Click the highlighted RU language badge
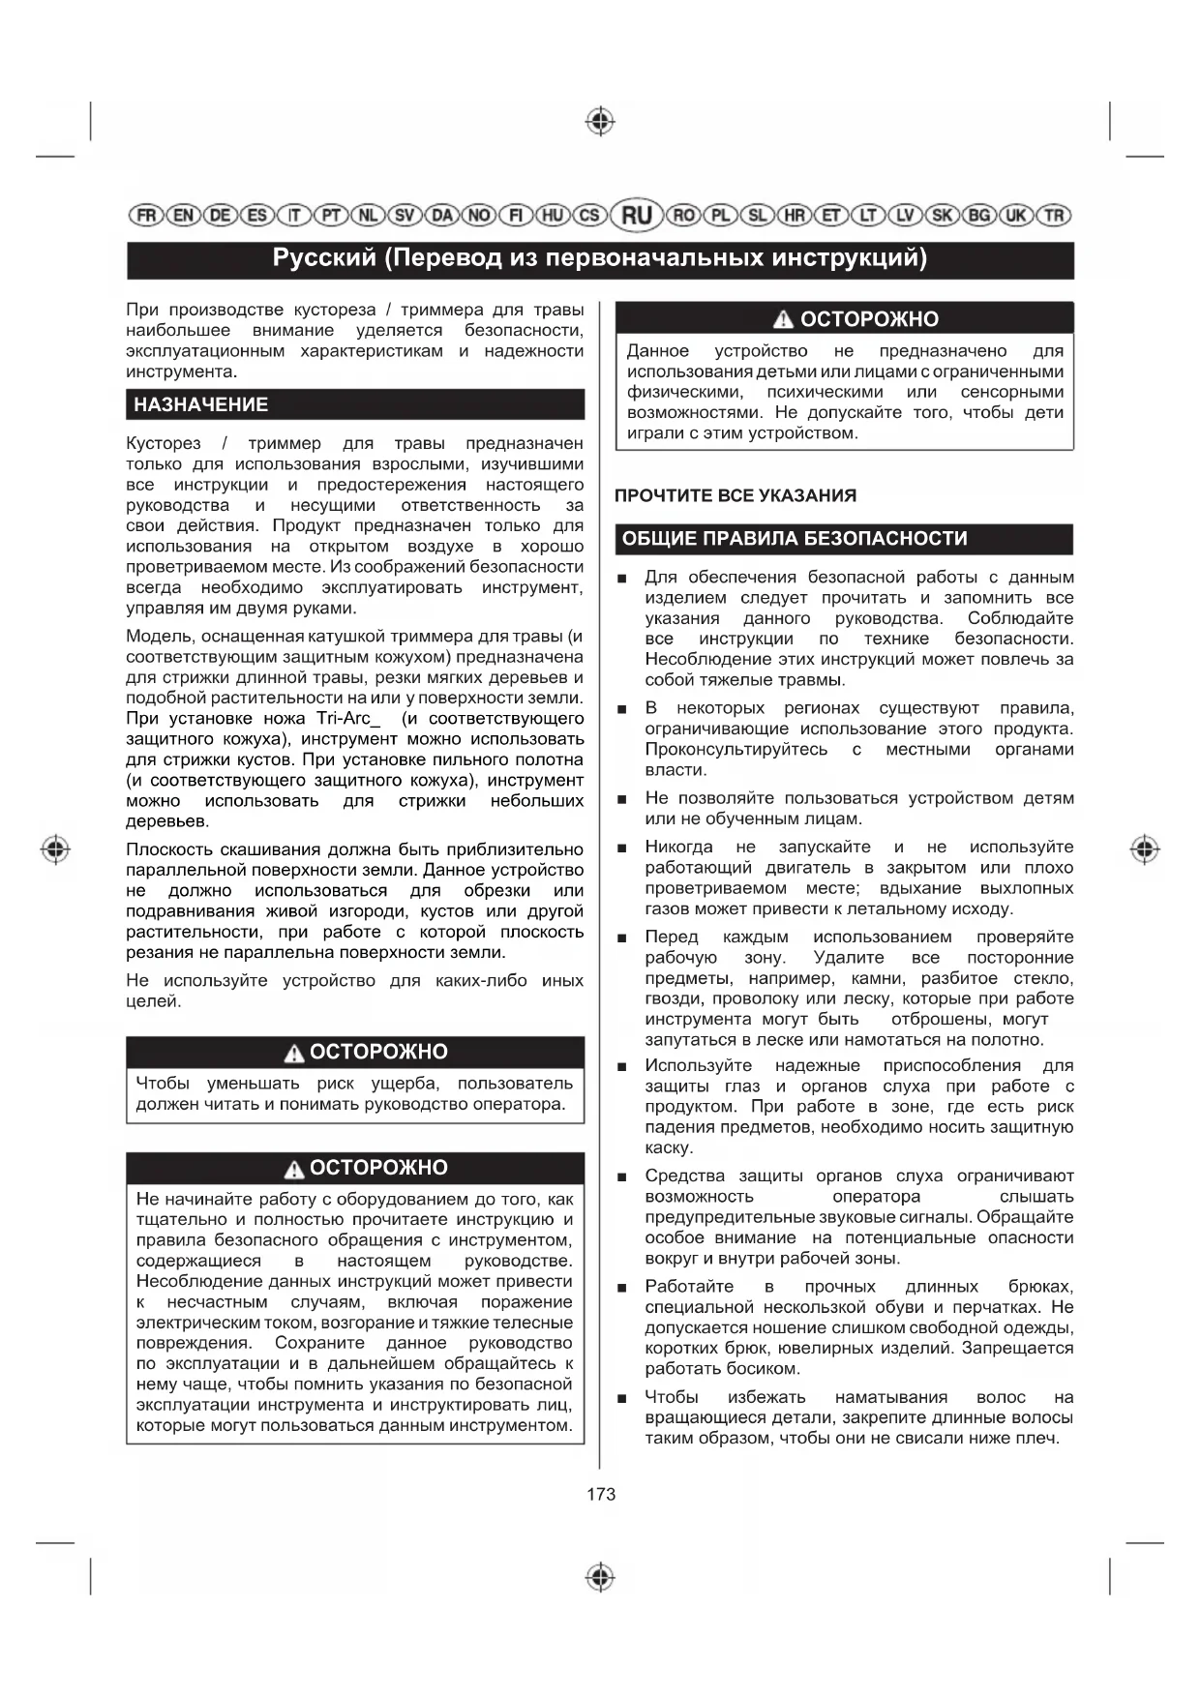pos(636,215)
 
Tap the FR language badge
pos(146,215)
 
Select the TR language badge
pos(1054,215)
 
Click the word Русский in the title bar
pos(324,258)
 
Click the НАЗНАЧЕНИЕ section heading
pos(201,404)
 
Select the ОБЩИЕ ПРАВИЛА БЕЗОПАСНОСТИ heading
pos(795,539)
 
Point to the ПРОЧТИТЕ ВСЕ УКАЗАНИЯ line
pos(736,495)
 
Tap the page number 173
pos(601,1494)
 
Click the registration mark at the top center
pos(601,122)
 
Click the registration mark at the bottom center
pos(601,1576)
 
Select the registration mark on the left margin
pos(56,848)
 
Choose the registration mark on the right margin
pos(1145,848)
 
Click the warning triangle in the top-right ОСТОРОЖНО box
pos(783,320)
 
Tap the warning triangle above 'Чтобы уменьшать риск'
pos(294,1053)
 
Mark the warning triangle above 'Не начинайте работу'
pos(294,1169)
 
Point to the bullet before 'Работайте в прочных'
pos(622,1288)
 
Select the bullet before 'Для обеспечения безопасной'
pos(622,579)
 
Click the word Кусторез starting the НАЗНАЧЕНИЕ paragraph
pos(164,443)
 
